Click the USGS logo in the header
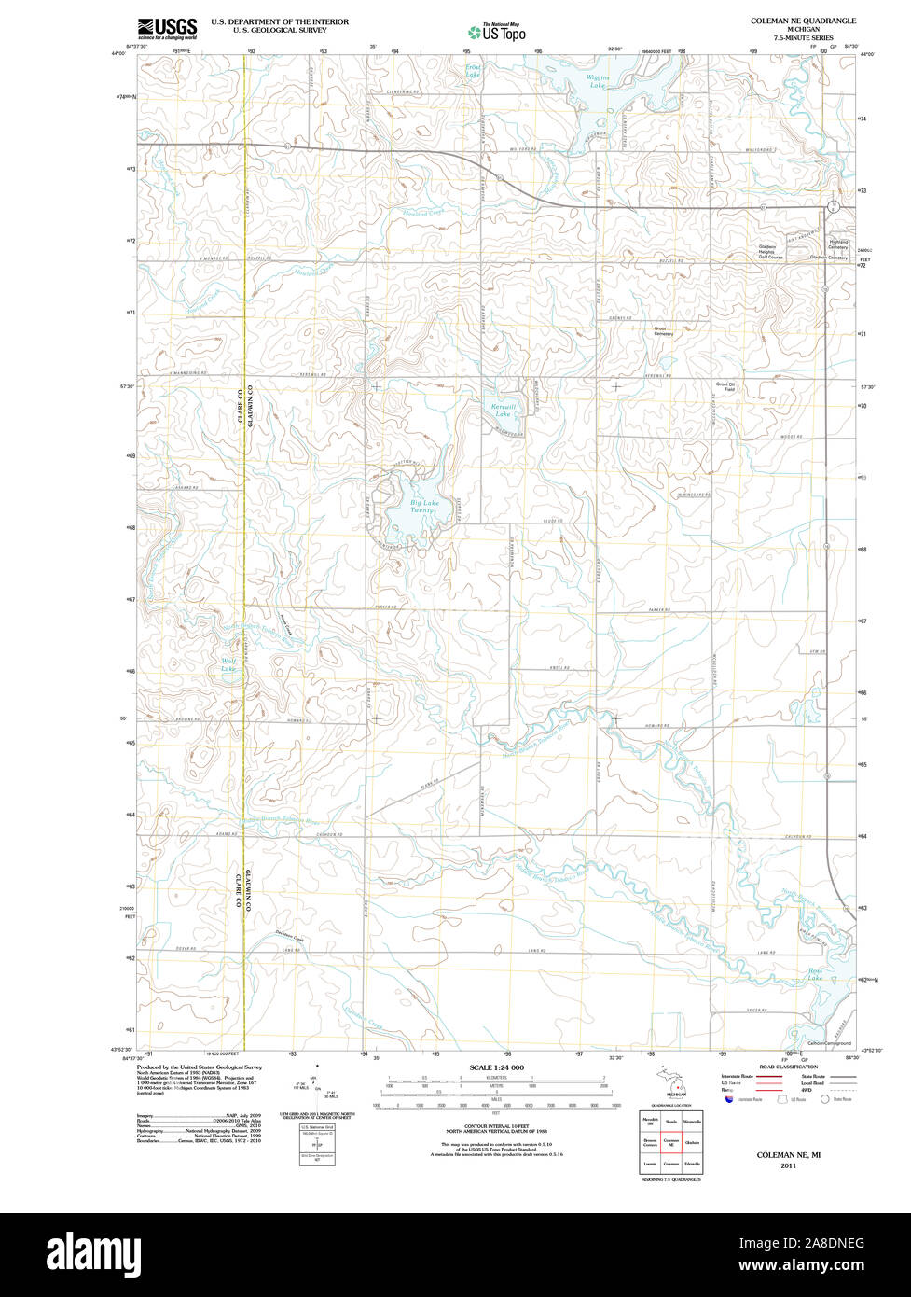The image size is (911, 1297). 167,28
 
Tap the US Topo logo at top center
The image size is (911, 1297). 497,32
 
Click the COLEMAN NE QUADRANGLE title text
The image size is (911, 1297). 803,20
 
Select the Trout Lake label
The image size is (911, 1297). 473,70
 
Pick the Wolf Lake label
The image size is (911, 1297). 228,665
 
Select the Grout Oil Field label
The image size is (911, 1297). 725,385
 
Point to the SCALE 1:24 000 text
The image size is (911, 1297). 496,1067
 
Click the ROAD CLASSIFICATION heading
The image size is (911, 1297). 788,1067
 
